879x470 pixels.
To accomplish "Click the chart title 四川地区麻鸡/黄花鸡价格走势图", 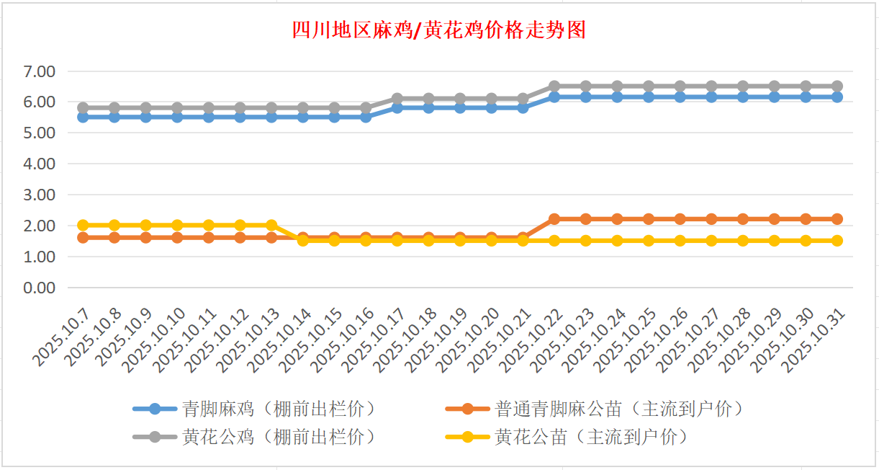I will [438, 30].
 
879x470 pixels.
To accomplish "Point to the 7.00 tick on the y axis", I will [40, 71].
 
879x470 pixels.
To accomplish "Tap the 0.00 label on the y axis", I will [40, 288].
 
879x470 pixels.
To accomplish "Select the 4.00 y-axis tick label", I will [40, 164].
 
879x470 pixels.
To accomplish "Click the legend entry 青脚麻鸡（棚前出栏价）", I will [279, 409].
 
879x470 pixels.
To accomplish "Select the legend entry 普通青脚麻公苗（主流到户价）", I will [619, 409].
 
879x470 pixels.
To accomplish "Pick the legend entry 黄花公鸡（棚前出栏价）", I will [279, 437].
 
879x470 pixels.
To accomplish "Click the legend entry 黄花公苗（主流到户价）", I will [591, 437].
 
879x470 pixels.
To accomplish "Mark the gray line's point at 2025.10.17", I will [397, 99].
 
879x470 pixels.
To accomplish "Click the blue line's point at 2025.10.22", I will [554, 97].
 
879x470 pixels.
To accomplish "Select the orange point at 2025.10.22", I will [554, 219].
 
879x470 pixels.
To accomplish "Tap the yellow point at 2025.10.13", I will [271, 226].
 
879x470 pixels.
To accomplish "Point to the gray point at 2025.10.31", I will [837, 87].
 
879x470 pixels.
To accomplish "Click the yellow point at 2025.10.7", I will [83, 226].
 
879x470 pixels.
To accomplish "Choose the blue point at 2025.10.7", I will [83, 117].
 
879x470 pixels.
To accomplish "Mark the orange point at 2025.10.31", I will [837, 219].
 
